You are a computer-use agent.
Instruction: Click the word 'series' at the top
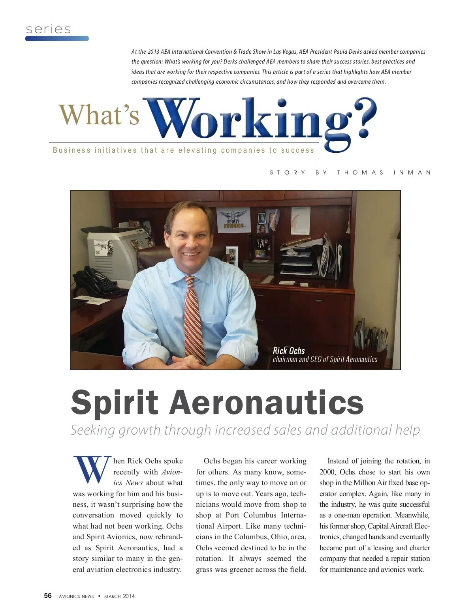[48, 29]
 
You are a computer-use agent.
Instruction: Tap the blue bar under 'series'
[57, 39]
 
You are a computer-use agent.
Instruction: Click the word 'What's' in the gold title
[99, 115]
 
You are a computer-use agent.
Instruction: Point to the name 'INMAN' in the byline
[412, 172]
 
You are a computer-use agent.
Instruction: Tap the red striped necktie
[194, 316]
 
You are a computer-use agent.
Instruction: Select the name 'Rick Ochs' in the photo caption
[289, 351]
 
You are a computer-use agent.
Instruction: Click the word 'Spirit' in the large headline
[115, 403]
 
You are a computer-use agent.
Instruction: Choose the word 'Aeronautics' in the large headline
[267, 403]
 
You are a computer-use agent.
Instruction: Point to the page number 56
[48, 596]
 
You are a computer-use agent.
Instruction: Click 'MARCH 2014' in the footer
[119, 596]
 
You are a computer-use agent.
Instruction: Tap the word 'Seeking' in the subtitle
[92, 430]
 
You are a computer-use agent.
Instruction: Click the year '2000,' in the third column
[328, 472]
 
